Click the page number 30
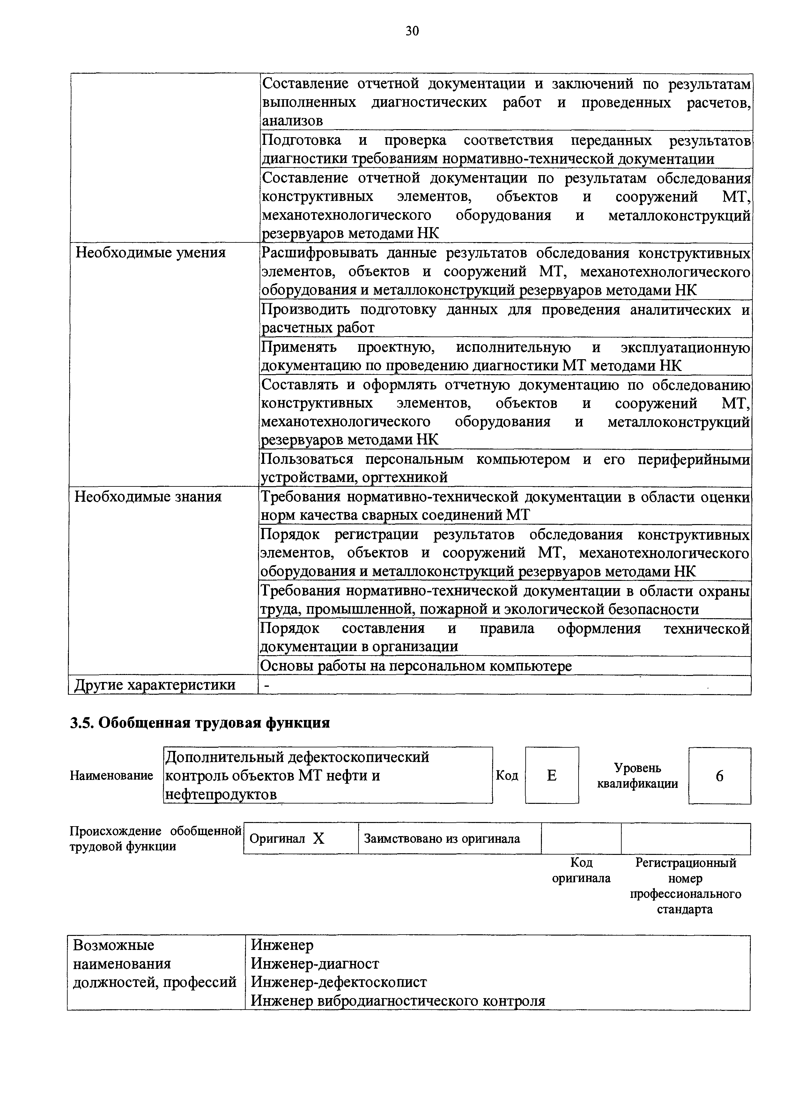[412, 32]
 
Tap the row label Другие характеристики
[154, 685]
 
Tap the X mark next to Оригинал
[319, 838]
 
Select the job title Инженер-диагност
[315, 964]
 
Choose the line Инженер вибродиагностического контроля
[398, 1001]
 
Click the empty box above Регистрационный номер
[685, 838]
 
